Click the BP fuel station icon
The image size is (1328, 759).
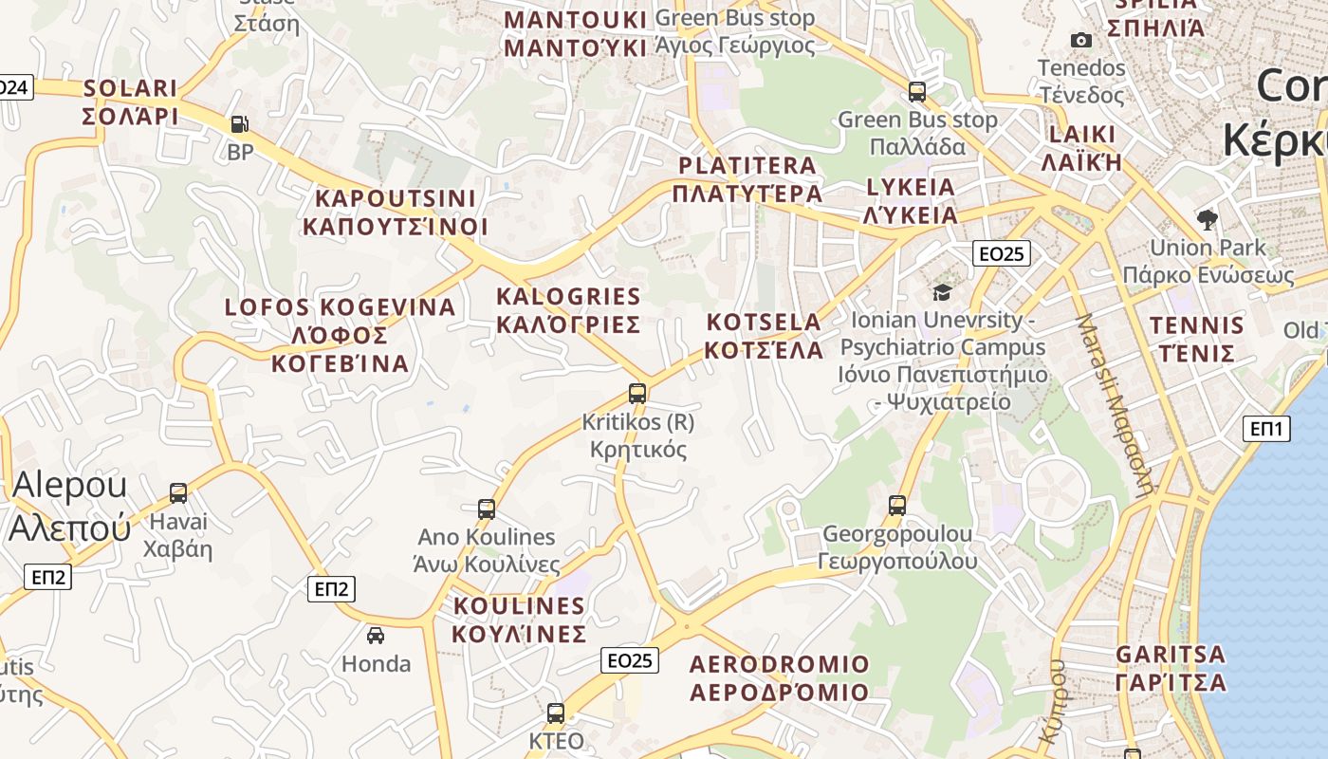point(239,123)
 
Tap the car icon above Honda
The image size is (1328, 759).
point(376,635)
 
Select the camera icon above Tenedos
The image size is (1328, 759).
point(1080,40)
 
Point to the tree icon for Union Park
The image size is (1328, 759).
point(1208,220)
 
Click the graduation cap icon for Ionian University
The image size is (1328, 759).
point(942,292)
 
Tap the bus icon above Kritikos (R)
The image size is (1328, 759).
point(637,393)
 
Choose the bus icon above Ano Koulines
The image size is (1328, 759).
point(487,509)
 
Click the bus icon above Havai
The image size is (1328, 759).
point(178,492)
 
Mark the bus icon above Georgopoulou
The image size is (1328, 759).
point(897,505)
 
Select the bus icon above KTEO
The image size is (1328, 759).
point(556,713)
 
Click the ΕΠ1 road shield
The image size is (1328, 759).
point(1266,429)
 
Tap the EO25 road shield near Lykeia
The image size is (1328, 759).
point(1002,253)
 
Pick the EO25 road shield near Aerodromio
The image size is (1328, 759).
point(630,660)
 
